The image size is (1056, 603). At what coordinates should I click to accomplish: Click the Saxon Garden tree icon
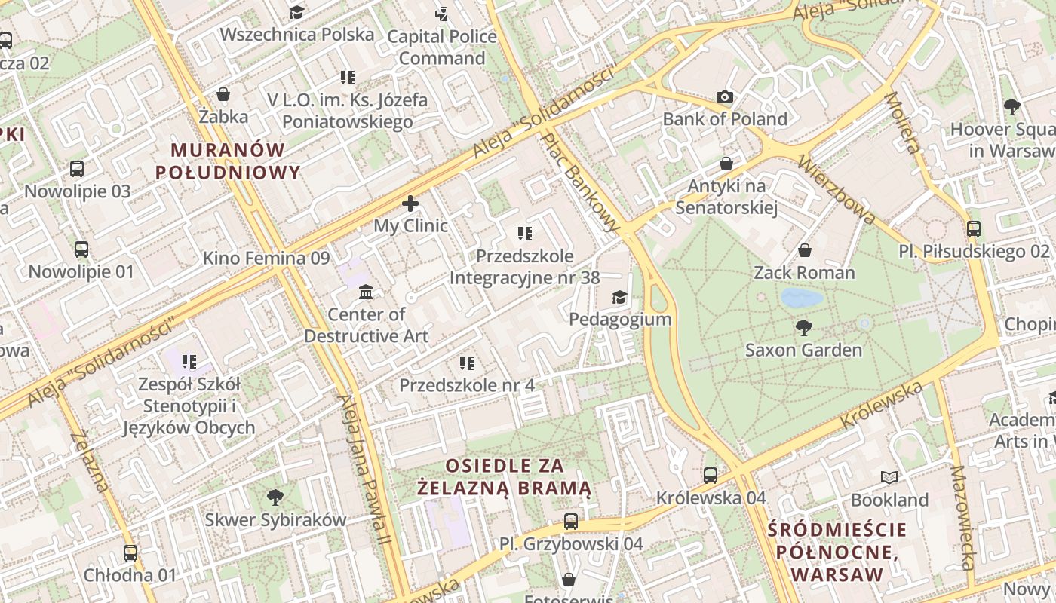point(804,328)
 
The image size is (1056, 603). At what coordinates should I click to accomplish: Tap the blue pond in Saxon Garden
point(801,298)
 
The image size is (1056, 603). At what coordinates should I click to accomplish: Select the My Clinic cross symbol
point(410,204)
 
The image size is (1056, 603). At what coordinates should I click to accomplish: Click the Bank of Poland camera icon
point(725,96)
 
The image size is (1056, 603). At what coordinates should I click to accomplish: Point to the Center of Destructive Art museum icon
point(366,292)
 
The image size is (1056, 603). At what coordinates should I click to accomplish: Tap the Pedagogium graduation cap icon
point(619,297)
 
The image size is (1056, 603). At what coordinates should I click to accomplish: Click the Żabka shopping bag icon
point(223,94)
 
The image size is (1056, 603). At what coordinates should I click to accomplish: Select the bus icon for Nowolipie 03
point(77,169)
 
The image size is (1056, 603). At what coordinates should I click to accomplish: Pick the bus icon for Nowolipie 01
point(81,249)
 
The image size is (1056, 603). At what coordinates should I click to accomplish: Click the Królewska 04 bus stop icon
point(711,476)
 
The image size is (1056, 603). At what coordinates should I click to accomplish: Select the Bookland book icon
point(889,477)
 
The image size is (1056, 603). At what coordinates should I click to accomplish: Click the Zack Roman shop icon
point(805,250)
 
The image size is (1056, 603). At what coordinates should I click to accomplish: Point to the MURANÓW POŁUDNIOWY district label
point(228,161)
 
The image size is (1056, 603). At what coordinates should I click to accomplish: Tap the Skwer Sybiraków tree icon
point(275,497)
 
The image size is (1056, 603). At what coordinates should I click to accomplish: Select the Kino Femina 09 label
point(266,259)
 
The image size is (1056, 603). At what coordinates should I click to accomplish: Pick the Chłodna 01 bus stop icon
point(130,553)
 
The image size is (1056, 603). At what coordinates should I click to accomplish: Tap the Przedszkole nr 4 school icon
point(467,363)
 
